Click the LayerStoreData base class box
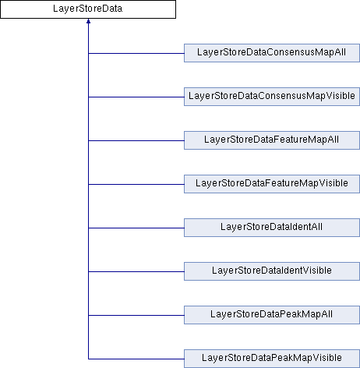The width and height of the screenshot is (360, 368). [88, 9]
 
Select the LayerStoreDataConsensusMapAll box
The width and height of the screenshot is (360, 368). [272, 53]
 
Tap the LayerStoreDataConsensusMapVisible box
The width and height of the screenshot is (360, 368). [272, 97]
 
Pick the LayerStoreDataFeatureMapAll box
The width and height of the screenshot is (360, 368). [272, 140]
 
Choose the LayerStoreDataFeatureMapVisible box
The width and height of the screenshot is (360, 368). [272, 184]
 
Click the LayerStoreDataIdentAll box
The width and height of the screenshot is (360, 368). [272, 228]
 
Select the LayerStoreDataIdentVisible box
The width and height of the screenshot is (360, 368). [272, 271]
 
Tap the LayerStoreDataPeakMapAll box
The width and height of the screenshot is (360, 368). [272, 315]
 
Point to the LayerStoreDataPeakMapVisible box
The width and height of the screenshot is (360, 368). [272, 359]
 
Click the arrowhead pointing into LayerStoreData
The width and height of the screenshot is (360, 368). [88, 21]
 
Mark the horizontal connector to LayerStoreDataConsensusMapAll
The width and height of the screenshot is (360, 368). [136, 54]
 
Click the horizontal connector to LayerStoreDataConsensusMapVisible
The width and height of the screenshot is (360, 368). [136, 97]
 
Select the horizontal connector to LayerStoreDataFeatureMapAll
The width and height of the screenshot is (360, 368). [136, 141]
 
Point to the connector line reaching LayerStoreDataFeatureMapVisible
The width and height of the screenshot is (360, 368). [136, 185]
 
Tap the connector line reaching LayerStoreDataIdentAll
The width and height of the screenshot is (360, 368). [136, 228]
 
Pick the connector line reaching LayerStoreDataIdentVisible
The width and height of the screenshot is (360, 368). [136, 272]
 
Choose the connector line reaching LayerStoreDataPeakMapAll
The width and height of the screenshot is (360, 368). [136, 316]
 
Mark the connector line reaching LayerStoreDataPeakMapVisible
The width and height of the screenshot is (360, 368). [136, 359]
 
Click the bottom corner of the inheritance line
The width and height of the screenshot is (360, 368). [88, 359]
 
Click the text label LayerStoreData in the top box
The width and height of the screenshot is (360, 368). [88, 9]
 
